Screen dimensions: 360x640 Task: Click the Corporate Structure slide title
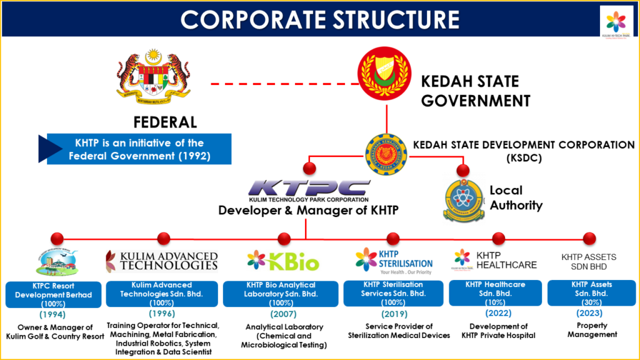pos(319,19)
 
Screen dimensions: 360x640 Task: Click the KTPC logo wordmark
pos(309,189)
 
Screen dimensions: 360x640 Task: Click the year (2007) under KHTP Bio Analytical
pos(283,314)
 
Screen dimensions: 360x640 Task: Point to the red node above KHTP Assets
pos(589,238)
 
